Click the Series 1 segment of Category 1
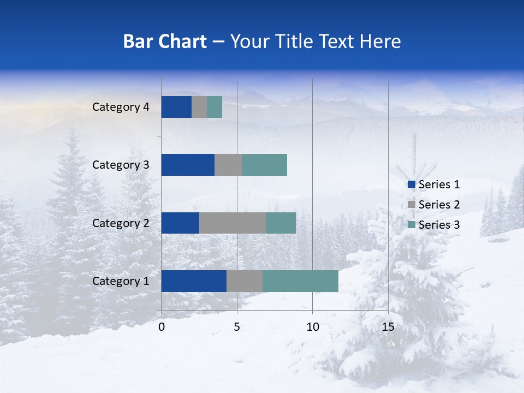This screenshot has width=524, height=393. (x=194, y=281)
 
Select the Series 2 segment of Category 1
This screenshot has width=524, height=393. (x=245, y=281)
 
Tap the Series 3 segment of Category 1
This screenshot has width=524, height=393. (x=300, y=281)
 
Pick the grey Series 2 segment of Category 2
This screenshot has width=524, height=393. (x=233, y=223)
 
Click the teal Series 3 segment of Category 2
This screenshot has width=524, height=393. (x=281, y=223)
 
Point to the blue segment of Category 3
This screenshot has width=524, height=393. (x=188, y=165)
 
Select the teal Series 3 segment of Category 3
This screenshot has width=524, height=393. (x=264, y=165)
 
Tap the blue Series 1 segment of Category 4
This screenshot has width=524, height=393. (x=176, y=107)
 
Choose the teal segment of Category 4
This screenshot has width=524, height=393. (x=215, y=107)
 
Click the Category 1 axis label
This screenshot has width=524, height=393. (x=121, y=281)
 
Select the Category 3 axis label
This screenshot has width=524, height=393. (x=121, y=165)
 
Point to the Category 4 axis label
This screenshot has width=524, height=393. (x=121, y=107)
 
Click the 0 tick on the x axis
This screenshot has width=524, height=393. (x=162, y=327)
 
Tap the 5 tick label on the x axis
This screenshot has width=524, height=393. (x=237, y=327)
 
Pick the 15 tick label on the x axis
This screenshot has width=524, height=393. (x=388, y=327)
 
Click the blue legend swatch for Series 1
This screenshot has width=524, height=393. (x=411, y=184)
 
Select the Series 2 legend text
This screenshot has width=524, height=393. (x=439, y=205)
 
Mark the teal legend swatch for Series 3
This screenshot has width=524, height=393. (x=411, y=225)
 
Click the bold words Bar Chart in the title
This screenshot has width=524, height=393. (x=165, y=41)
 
